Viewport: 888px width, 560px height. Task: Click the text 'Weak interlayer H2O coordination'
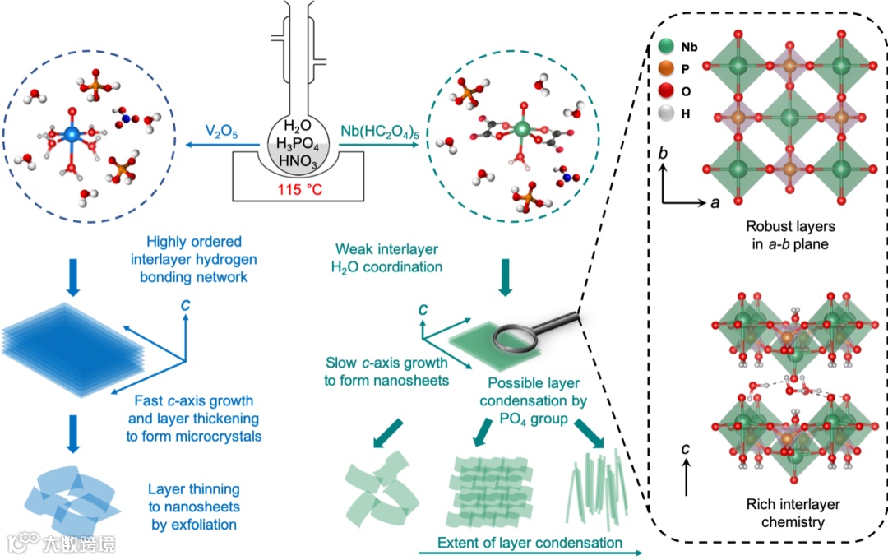(x=389, y=257)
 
